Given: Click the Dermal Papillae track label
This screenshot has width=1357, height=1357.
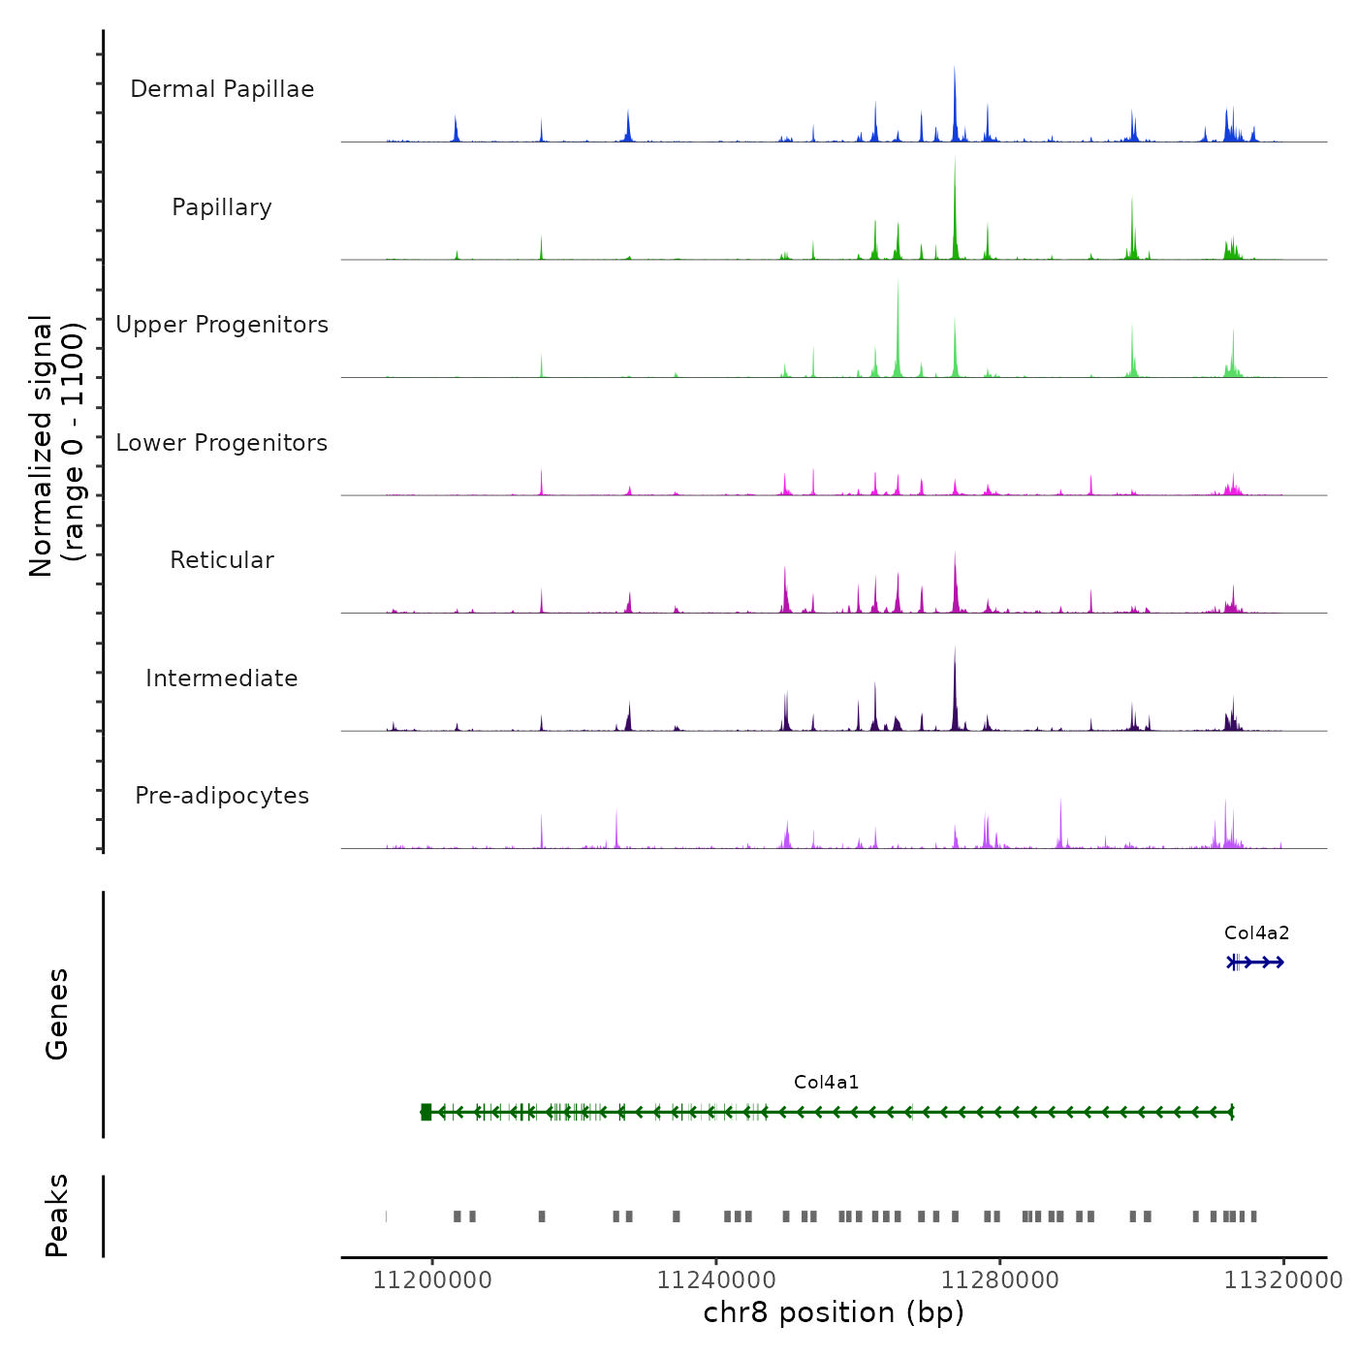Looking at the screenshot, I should point(222,89).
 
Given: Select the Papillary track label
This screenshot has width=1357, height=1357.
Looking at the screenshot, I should point(222,207).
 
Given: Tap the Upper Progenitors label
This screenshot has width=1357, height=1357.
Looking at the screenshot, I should point(222,325).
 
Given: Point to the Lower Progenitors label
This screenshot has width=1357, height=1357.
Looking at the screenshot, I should point(222,443).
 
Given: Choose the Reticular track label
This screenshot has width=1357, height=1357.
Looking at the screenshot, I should point(222,560).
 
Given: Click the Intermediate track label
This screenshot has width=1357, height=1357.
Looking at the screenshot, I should point(222,678).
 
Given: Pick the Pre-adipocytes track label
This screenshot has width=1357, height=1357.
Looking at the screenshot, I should point(222,796).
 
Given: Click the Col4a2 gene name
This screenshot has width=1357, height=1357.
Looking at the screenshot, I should point(1256,933).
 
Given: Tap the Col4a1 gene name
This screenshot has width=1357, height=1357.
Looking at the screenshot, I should point(826,1083).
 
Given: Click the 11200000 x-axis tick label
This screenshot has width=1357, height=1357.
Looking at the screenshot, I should point(432,1281).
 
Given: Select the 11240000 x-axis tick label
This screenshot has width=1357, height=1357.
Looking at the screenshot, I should point(716,1281).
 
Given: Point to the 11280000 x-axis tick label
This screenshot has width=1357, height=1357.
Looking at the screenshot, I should point(999,1281).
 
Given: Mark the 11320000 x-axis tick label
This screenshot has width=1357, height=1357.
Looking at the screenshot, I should point(1282,1281).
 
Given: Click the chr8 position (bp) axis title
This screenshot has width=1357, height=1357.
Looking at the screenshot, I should point(834,1312).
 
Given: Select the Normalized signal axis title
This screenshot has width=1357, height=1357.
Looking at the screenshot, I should point(56,446).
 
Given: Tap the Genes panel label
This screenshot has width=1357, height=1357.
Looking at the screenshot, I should point(57,1014).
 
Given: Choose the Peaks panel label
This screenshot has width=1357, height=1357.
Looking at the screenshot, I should point(57,1215).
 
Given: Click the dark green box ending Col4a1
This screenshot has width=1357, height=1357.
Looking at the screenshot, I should point(426,1112).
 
